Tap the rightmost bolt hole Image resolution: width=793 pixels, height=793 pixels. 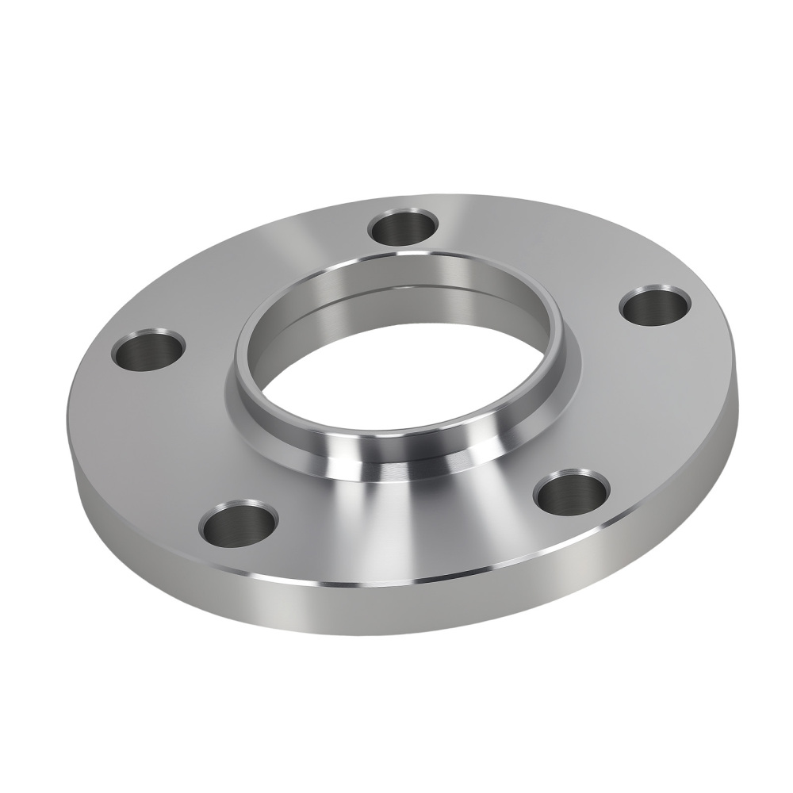click(x=654, y=305)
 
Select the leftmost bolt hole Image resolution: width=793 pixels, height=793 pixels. click(x=148, y=350)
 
